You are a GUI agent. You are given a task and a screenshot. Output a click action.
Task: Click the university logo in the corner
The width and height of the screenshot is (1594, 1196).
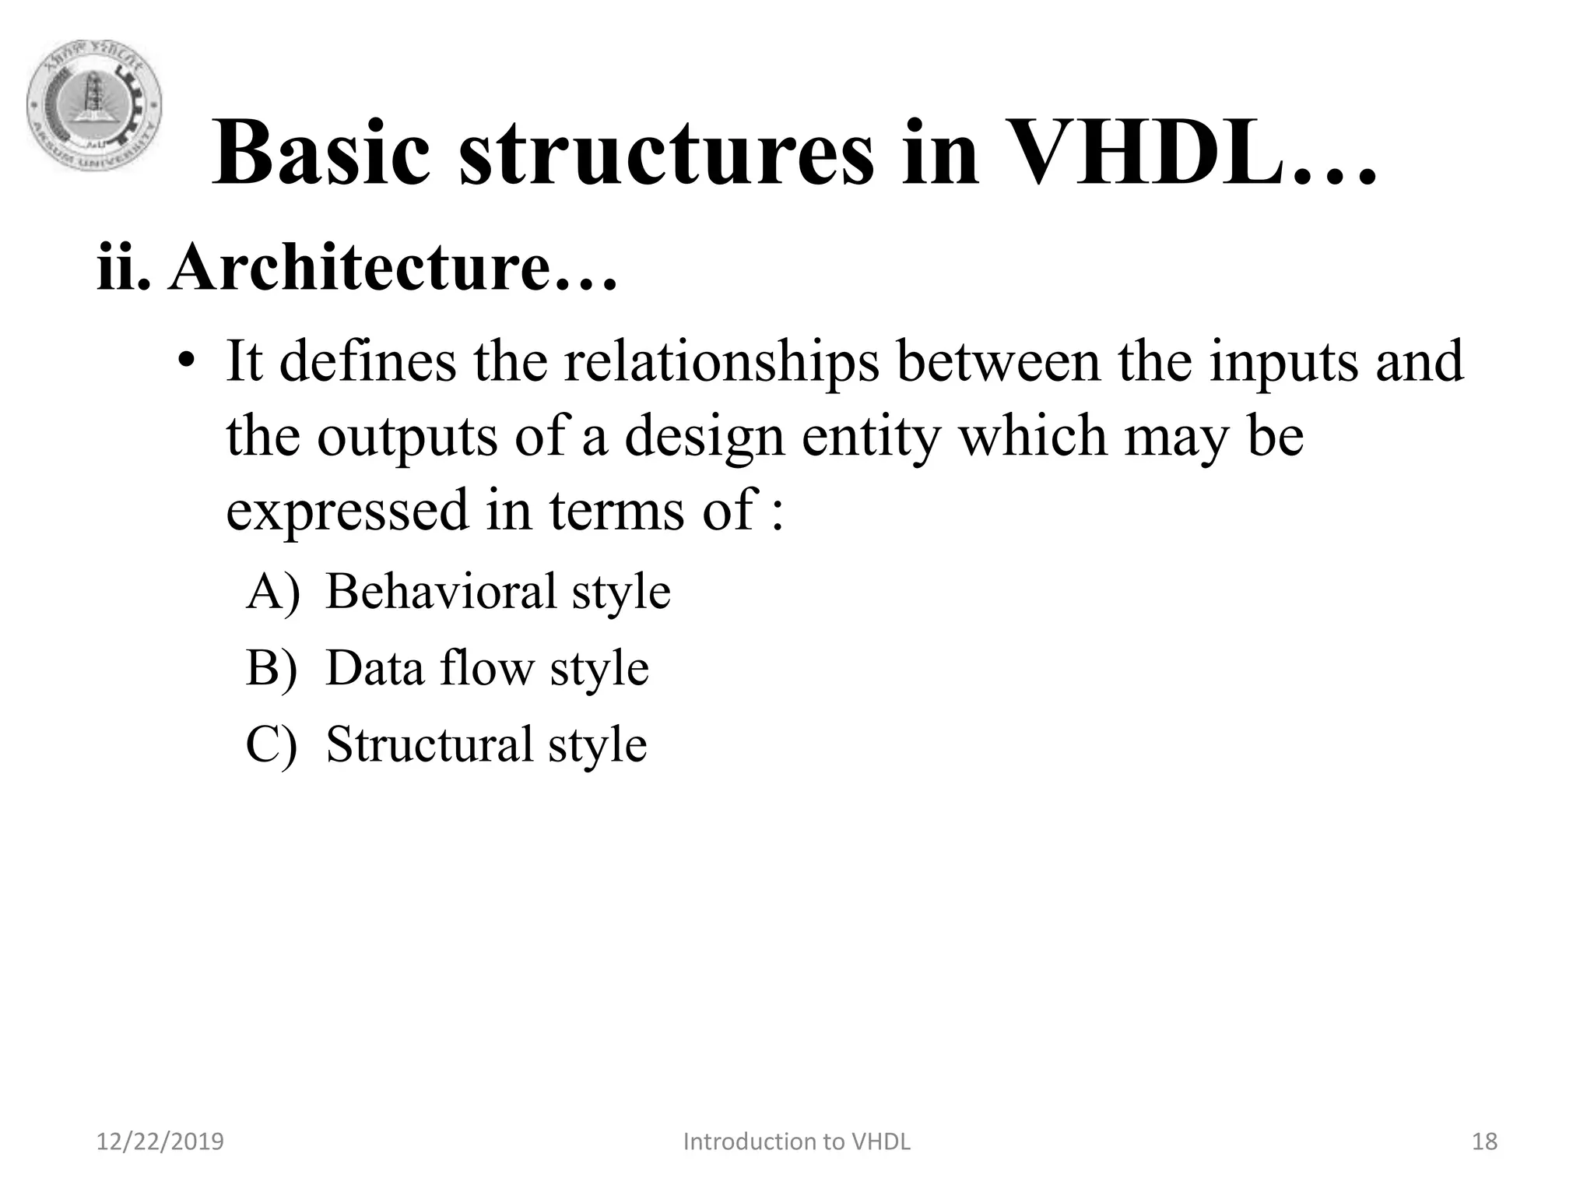95,107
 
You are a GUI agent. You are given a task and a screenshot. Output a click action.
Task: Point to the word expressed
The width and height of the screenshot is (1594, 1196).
347,510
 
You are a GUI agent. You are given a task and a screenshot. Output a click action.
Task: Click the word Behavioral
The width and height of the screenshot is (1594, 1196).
441,591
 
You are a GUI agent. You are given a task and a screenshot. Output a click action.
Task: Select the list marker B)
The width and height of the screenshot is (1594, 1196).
272,667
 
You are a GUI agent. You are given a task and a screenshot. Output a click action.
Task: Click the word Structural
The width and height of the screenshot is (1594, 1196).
429,744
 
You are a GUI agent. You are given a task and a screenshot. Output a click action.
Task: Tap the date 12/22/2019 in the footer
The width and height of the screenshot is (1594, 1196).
160,1141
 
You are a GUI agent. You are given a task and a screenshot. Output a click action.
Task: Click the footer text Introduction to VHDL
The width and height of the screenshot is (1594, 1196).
797,1141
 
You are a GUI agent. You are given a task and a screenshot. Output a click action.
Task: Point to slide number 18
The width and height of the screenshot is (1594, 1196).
1485,1141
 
